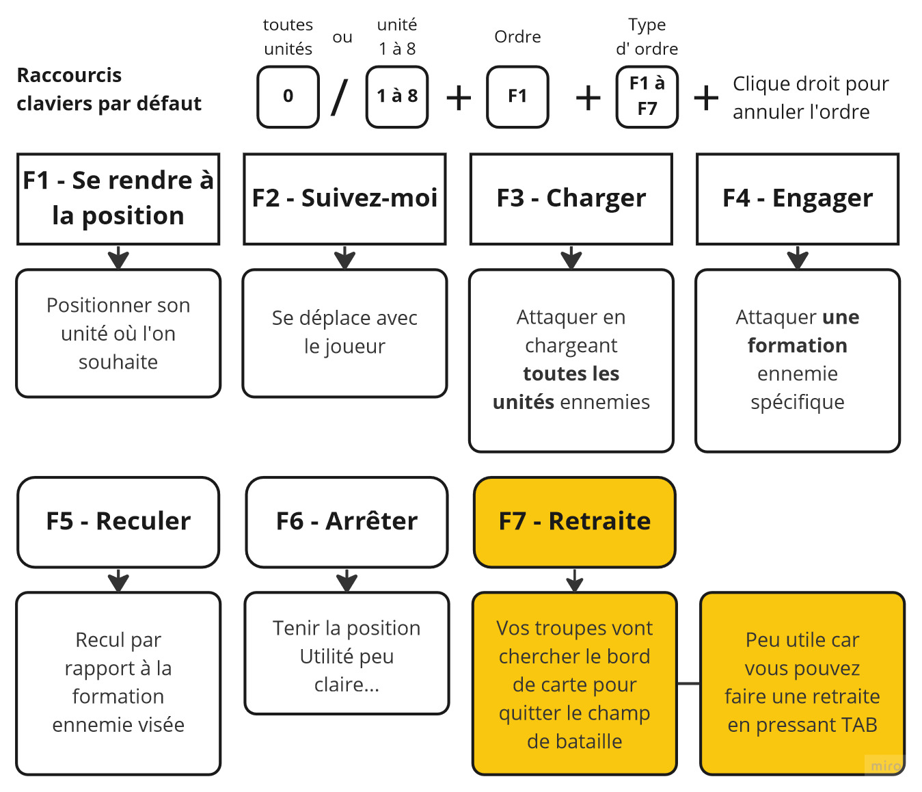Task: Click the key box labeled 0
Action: pos(288,96)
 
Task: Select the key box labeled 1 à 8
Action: pos(397,96)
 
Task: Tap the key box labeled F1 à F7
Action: pos(647,96)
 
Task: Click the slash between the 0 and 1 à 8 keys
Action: pos(340,97)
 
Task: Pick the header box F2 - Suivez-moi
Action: pos(344,198)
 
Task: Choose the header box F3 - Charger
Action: pos(571,198)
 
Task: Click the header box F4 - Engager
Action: pos(797,198)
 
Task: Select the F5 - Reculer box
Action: pos(118,522)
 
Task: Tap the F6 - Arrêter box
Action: pos(347,522)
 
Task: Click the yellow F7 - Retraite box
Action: pos(574,522)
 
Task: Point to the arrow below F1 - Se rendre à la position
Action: pos(118,258)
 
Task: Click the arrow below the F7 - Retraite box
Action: pos(575,581)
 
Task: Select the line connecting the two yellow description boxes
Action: pos(688,683)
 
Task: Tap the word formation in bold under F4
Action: pos(797,345)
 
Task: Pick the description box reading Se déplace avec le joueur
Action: pos(344,333)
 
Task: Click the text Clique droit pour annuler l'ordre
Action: pos(811,98)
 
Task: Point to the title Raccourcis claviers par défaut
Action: pos(109,89)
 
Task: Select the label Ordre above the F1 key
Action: pos(517,37)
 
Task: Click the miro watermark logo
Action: pos(886,766)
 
